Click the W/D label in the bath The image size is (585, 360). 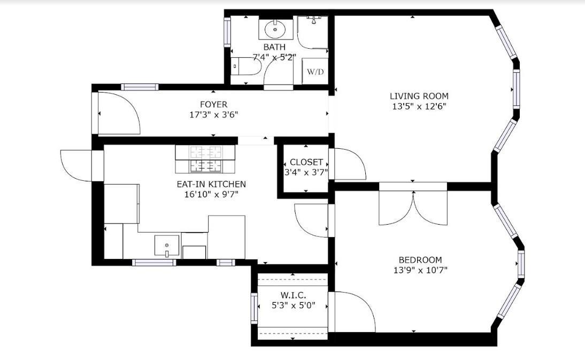(x=315, y=72)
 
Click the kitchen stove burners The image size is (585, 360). (x=206, y=159)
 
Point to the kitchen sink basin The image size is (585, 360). (x=167, y=246)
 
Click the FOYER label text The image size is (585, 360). (x=213, y=105)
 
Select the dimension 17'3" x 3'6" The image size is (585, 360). (x=213, y=114)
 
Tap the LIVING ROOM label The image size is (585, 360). (x=419, y=96)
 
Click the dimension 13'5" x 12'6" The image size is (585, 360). (x=419, y=106)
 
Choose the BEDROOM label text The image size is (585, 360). (x=420, y=261)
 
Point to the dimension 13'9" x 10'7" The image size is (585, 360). (x=420, y=270)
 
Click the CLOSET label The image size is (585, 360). (x=306, y=162)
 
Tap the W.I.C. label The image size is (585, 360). (x=293, y=295)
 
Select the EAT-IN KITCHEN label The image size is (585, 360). (x=211, y=184)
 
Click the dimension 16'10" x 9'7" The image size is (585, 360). (x=211, y=194)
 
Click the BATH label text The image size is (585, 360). (x=274, y=47)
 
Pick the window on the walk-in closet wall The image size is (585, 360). (x=255, y=309)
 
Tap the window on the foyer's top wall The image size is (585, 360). (x=140, y=87)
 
